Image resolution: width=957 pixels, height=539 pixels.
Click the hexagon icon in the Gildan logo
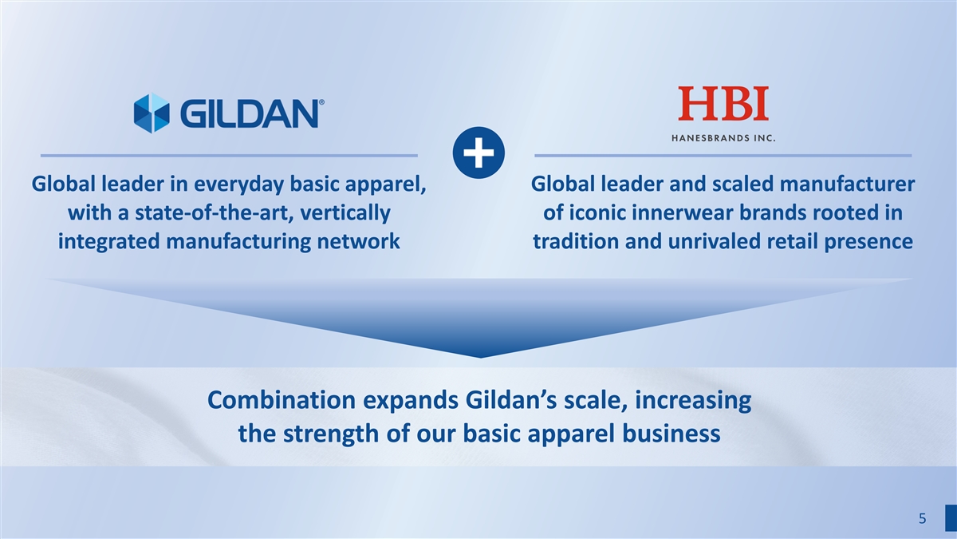click(x=152, y=113)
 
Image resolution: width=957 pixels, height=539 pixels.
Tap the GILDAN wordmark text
click(x=250, y=113)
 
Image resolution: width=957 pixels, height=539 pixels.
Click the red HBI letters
click(x=723, y=103)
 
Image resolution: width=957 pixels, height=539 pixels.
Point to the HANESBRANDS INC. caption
click(x=723, y=138)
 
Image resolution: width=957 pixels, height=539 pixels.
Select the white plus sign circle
click(x=478, y=153)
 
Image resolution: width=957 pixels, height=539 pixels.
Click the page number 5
click(x=923, y=518)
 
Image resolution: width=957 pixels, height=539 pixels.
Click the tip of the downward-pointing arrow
click(x=480, y=358)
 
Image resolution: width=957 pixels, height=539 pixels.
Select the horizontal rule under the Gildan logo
click(x=229, y=156)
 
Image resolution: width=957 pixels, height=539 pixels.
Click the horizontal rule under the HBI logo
click(x=723, y=156)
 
